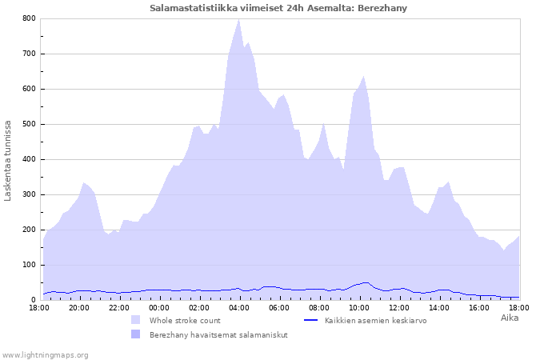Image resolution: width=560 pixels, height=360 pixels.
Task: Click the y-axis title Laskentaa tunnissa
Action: pyautogui.click(x=8, y=160)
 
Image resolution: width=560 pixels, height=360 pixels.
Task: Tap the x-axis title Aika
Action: pyautogui.click(x=510, y=318)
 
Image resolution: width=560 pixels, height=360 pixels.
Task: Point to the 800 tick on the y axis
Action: pyautogui.click(x=29, y=18)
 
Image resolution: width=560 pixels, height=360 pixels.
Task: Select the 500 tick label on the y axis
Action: pyautogui.click(x=29, y=124)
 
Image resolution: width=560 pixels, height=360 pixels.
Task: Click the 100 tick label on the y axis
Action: pyautogui.click(x=29, y=265)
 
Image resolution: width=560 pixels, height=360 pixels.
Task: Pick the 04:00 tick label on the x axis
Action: pyautogui.click(x=239, y=307)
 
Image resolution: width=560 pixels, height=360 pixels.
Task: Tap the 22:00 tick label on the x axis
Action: pyautogui.click(x=119, y=307)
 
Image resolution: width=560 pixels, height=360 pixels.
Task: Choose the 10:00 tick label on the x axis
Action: pyautogui.click(x=359, y=307)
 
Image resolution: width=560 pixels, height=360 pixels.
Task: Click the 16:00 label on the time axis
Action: pyautogui.click(x=479, y=307)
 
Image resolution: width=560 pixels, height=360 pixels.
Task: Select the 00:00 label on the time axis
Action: pyautogui.click(x=159, y=307)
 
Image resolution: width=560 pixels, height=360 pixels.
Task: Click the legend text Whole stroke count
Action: pyautogui.click(x=183, y=320)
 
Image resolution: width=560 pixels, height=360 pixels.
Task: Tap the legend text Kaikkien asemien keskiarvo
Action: pyautogui.click(x=375, y=320)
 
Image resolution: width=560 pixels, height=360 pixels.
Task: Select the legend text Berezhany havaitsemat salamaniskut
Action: pyautogui.click(x=218, y=334)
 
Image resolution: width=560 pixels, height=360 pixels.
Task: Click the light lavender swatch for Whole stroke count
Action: pyautogui.click(x=135, y=320)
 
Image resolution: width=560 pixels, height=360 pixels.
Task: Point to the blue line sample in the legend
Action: pyautogui.click(x=311, y=320)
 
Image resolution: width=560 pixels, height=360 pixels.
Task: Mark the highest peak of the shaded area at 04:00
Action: pyautogui.click(x=238, y=19)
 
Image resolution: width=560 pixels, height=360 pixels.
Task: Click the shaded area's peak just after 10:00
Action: pyautogui.click(x=364, y=77)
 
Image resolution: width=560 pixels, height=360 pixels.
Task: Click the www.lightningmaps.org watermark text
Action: pyautogui.click(x=45, y=354)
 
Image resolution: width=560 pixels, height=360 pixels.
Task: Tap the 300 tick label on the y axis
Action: pyautogui.click(x=29, y=194)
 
